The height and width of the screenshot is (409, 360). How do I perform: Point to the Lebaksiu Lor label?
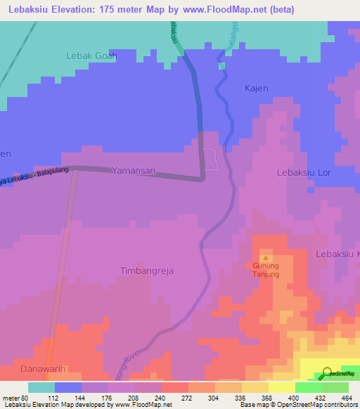[x=303, y=171]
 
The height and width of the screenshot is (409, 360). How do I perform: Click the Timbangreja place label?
[x=146, y=271]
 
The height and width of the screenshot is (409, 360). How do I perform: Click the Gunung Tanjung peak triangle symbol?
[x=266, y=258]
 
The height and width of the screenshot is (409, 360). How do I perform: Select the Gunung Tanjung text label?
[x=266, y=270]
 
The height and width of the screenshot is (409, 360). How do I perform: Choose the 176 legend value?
[x=95, y=396]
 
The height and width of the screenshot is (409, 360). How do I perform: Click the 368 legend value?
[x=255, y=396]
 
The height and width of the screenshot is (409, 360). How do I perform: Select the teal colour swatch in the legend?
[x=41, y=387]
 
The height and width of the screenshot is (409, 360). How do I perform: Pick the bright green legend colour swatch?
[x=309, y=387]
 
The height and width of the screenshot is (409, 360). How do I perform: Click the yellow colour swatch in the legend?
[x=282, y=387]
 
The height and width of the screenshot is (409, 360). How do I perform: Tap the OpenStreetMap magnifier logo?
[x=328, y=372]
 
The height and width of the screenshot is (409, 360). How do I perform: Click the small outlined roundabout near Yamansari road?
[x=212, y=160]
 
